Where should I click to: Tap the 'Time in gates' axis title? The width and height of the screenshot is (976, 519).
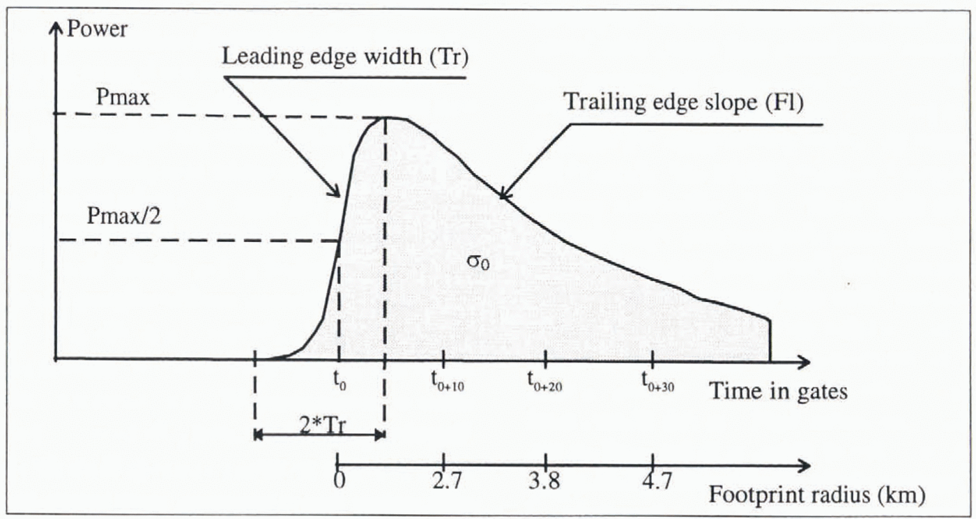[778, 391]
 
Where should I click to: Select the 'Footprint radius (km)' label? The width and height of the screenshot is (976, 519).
[816, 496]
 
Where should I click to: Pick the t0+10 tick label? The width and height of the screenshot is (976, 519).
[446, 382]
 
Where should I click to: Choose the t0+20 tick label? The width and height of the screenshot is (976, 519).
[544, 382]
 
